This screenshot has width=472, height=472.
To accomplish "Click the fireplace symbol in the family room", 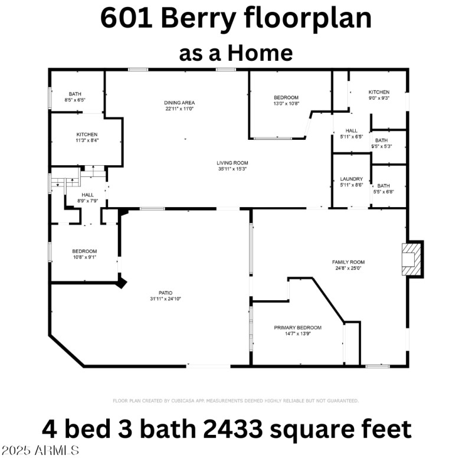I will tap(412, 258).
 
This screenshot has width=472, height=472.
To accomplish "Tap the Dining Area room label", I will tap(179, 103).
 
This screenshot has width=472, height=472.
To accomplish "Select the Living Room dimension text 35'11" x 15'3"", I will tap(232, 169).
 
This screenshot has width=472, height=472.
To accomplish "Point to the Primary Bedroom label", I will tap(297, 328).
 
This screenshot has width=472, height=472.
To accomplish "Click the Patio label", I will tap(165, 292).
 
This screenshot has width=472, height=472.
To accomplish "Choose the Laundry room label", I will tap(351, 179).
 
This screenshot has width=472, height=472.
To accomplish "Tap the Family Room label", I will tap(348, 262).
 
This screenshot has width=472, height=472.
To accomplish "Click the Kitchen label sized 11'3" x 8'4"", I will tap(87, 135).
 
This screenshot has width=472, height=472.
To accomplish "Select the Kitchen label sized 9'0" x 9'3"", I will tap(379, 93).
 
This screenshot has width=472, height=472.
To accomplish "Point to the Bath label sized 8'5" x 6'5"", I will tap(75, 94).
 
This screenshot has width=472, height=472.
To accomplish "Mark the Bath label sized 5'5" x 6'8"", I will tap(383, 186).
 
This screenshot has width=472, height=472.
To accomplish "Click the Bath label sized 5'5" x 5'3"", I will tap(382, 140).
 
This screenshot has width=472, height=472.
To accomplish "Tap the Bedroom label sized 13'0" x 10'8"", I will tap(286, 97).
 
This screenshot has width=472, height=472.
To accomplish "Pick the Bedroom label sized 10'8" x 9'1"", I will tap(84, 251).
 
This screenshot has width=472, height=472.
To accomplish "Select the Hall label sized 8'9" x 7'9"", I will tap(87, 195).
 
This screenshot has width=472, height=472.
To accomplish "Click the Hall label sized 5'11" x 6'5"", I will tap(351, 131).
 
